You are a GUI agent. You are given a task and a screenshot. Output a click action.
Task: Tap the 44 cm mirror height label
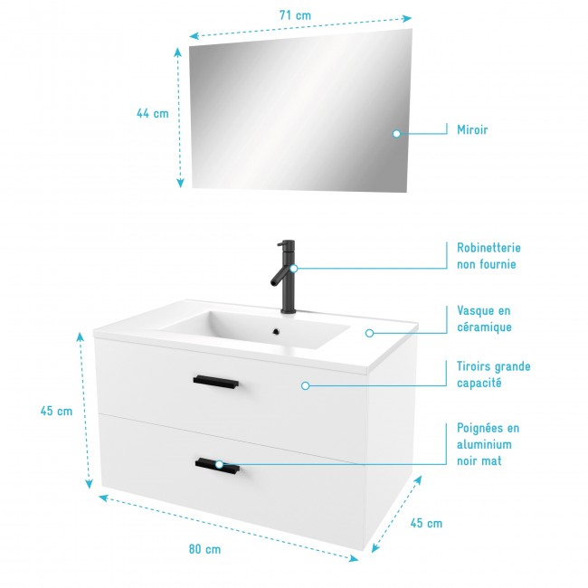pos(153,114)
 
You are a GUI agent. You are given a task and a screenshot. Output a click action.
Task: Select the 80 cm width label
pos(205,548)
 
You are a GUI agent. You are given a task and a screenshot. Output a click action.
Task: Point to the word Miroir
pos(472,130)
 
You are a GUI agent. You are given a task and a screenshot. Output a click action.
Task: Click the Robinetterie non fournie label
pos(488,256)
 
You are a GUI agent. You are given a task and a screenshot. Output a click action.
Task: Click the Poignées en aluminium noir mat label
pos(488,444)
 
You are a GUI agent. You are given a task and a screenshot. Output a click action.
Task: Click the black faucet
pos(286,276)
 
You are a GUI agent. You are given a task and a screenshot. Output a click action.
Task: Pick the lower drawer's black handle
pos(217,465)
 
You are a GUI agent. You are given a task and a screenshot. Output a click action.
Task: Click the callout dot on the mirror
pos(396,134)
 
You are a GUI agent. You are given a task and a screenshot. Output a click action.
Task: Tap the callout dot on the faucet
pos(293,268)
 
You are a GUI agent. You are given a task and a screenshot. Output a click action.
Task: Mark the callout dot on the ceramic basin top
pos(369,333)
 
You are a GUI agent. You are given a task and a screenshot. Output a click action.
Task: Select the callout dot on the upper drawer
pos(305,385)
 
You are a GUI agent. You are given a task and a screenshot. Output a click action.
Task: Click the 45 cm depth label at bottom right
pos(426,523)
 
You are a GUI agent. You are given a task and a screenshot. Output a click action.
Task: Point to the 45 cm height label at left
pos(56,411)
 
